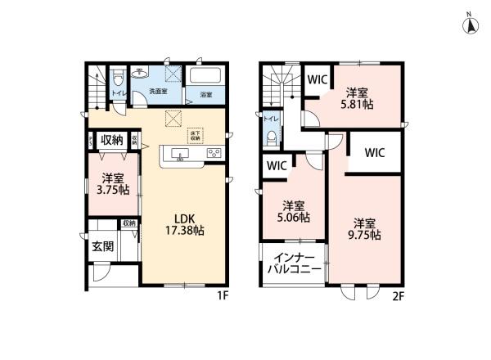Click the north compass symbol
coord(471,25)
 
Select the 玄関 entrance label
coord(102,245)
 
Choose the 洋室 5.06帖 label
coord(295,211)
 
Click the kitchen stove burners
coord(214,153)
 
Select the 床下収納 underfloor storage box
coord(196,136)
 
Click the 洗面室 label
coord(157,91)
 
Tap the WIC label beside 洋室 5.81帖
coord(318,80)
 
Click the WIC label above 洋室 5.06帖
coord(276,165)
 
